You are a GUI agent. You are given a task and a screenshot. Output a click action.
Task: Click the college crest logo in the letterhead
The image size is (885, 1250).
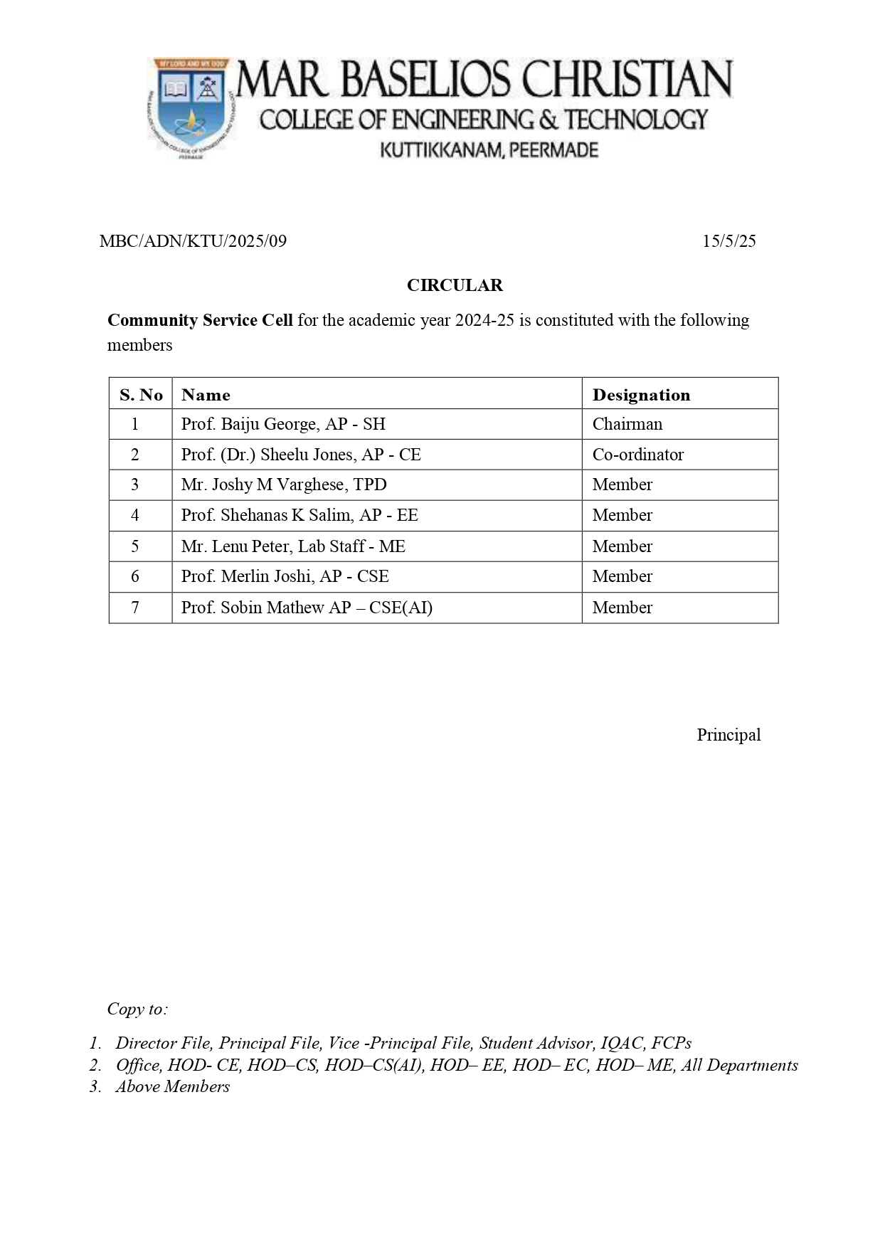190,108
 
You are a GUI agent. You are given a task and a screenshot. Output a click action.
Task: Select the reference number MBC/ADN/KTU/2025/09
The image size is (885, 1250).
193,241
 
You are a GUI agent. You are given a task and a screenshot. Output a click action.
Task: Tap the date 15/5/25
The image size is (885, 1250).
728,241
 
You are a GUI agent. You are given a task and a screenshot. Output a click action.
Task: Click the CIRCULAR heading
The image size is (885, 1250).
455,285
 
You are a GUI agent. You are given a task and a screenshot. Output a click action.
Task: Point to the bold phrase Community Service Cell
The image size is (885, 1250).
200,320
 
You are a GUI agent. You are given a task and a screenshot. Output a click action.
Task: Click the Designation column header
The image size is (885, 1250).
641,395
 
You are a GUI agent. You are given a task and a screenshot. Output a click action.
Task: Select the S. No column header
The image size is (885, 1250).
141,395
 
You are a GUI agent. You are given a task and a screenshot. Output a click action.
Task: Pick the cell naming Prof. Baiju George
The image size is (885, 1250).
283,424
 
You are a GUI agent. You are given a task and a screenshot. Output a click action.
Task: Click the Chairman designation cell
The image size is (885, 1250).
627,424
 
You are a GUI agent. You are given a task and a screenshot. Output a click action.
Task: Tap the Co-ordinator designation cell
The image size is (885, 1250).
637,455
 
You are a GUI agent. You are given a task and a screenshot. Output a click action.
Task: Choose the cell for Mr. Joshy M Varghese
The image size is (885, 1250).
284,484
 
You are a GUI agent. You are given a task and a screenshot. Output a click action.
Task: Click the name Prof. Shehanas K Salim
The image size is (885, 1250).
300,515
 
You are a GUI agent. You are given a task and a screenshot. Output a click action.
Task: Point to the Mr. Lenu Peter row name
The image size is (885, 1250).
293,546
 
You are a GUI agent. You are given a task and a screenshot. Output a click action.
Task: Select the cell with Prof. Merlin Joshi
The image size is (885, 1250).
285,576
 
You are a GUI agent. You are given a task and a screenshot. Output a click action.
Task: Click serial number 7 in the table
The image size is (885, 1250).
135,608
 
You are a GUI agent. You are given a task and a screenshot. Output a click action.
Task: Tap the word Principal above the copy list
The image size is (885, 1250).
728,735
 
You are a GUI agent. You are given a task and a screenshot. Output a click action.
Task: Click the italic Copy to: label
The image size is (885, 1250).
137,1009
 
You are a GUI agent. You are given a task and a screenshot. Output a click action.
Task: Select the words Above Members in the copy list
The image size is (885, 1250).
173,1086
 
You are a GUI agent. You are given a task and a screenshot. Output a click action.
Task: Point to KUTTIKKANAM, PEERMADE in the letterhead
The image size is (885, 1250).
489,150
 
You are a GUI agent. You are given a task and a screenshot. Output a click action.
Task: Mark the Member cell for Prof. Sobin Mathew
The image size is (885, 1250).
622,608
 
